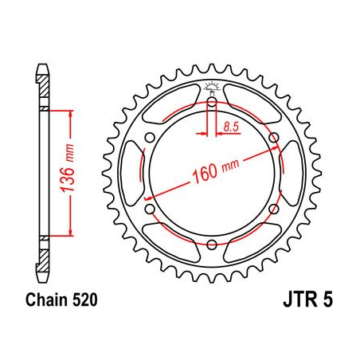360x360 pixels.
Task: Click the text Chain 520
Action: click(x=57, y=301)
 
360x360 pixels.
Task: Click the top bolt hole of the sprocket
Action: click(x=213, y=102)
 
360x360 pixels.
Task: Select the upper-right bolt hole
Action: click(x=274, y=138)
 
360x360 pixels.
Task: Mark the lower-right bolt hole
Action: click(x=274, y=209)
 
